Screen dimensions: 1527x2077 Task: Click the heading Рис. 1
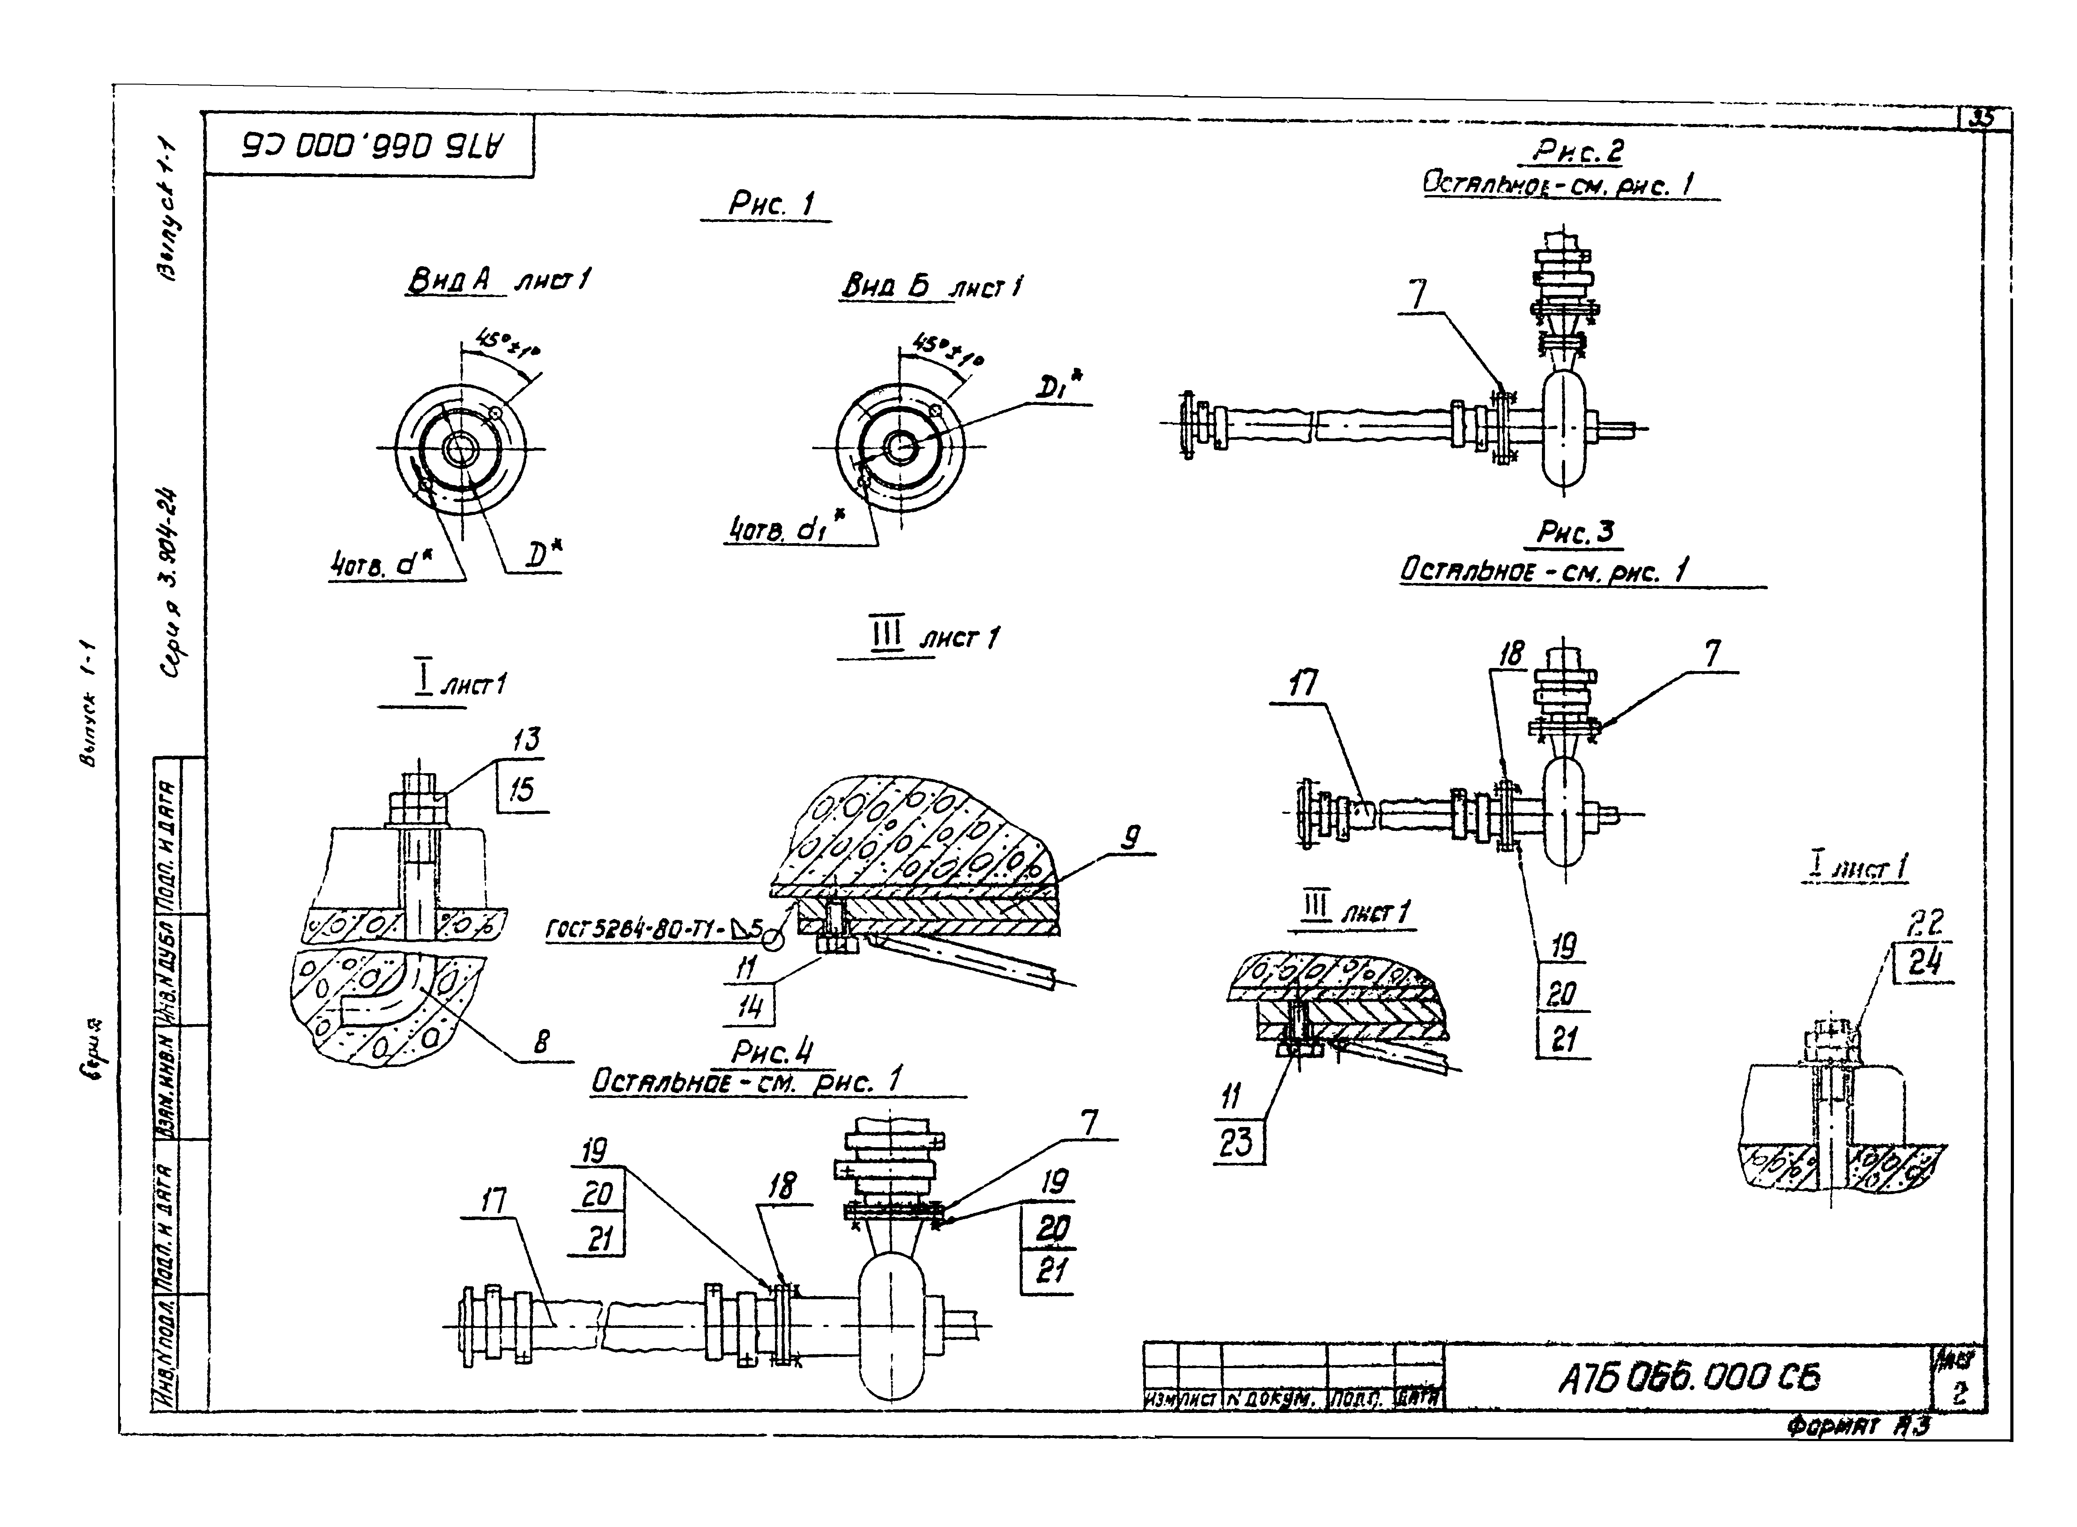tap(770, 204)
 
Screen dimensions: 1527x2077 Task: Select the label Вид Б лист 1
tap(931, 286)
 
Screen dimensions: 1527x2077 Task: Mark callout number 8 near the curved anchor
tap(542, 1042)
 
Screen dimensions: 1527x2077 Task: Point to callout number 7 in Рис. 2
tap(1417, 295)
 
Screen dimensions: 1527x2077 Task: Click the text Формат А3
tap(1858, 1425)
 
